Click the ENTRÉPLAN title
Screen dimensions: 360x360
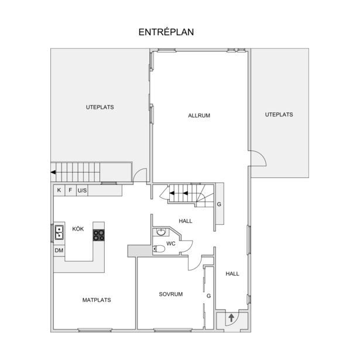click(x=166, y=32)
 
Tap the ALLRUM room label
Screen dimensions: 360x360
click(x=199, y=115)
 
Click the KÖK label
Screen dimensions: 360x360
click(x=78, y=229)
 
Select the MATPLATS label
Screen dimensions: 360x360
click(x=97, y=300)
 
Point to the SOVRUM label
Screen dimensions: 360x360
click(x=171, y=294)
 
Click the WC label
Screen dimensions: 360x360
click(x=171, y=244)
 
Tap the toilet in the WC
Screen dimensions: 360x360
click(x=159, y=249)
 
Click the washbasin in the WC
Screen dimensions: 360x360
click(x=161, y=232)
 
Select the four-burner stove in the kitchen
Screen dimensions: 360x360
click(x=99, y=235)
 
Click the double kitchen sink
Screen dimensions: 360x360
click(x=59, y=232)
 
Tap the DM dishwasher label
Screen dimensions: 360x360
click(x=59, y=251)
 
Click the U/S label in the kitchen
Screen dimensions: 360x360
click(x=82, y=190)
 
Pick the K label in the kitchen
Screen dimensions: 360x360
click(x=59, y=190)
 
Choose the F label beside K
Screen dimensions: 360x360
click(x=70, y=190)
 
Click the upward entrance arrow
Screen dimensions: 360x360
click(x=231, y=318)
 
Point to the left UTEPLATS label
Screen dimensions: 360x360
click(x=100, y=107)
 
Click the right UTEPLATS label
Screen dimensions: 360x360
click(x=279, y=115)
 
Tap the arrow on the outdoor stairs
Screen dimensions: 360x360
click(x=53, y=172)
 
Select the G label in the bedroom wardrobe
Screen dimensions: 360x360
click(x=208, y=296)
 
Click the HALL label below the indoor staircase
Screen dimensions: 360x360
click(x=186, y=221)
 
